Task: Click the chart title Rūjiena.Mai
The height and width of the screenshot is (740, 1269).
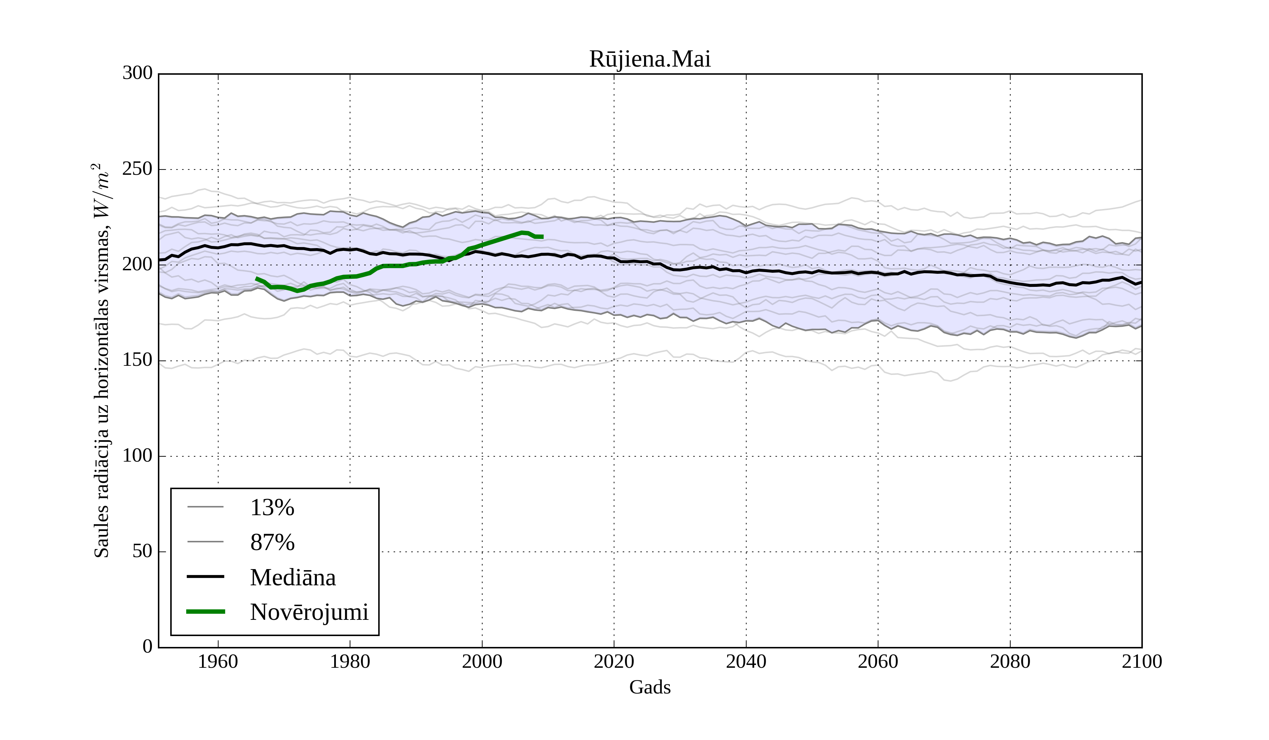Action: coord(650,60)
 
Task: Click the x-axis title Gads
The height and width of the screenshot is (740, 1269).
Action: coord(650,687)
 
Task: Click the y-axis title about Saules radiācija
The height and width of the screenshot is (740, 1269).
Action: coord(102,360)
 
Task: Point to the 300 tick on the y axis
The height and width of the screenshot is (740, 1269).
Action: coord(137,74)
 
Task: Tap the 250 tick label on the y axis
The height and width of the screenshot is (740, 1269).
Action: coord(137,169)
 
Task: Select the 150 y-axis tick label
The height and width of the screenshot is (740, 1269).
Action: coord(137,360)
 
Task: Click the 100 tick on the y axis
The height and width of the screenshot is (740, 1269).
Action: coord(137,456)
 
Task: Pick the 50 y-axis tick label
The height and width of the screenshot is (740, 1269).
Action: coord(142,552)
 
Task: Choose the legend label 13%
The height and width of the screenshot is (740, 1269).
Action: coord(272,507)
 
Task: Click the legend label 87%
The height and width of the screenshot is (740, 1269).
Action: coord(272,543)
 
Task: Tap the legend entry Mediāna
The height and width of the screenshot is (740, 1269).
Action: coord(293,578)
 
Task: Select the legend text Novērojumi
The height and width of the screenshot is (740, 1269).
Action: coord(309,612)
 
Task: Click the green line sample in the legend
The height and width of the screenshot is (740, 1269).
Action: coord(206,612)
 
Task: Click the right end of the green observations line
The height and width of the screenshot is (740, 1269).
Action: coord(542,236)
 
